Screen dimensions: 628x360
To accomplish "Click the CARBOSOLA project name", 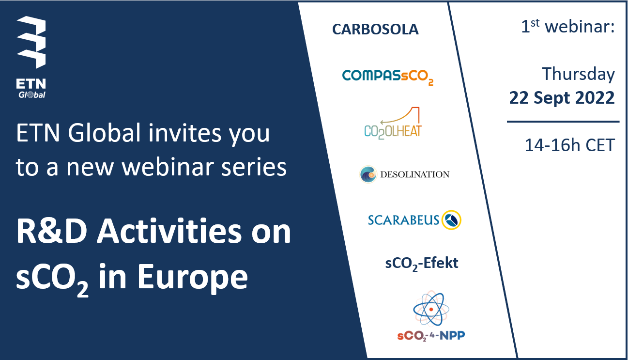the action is tap(375, 30).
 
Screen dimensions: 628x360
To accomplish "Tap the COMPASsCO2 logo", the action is tap(388, 77).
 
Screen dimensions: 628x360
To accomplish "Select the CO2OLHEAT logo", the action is tap(393, 123).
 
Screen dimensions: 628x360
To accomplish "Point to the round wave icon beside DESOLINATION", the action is tap(368, 174).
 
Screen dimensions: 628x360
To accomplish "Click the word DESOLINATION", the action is tap(414, 174).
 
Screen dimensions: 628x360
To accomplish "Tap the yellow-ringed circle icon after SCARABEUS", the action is tap(451, 220).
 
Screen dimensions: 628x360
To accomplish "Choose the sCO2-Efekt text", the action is tap(422, 264).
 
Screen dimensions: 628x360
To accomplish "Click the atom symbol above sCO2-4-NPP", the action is tap(431, 309).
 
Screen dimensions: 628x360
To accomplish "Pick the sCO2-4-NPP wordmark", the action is tap(431, 336).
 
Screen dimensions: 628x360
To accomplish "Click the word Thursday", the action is tap(579, 74).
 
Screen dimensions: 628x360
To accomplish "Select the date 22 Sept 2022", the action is tap(562, 98).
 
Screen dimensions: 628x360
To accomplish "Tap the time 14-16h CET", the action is tap(570, 145).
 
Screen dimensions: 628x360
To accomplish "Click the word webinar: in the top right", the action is tap(580, 27).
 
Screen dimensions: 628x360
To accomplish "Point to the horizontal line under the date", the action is tap(563, 122).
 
